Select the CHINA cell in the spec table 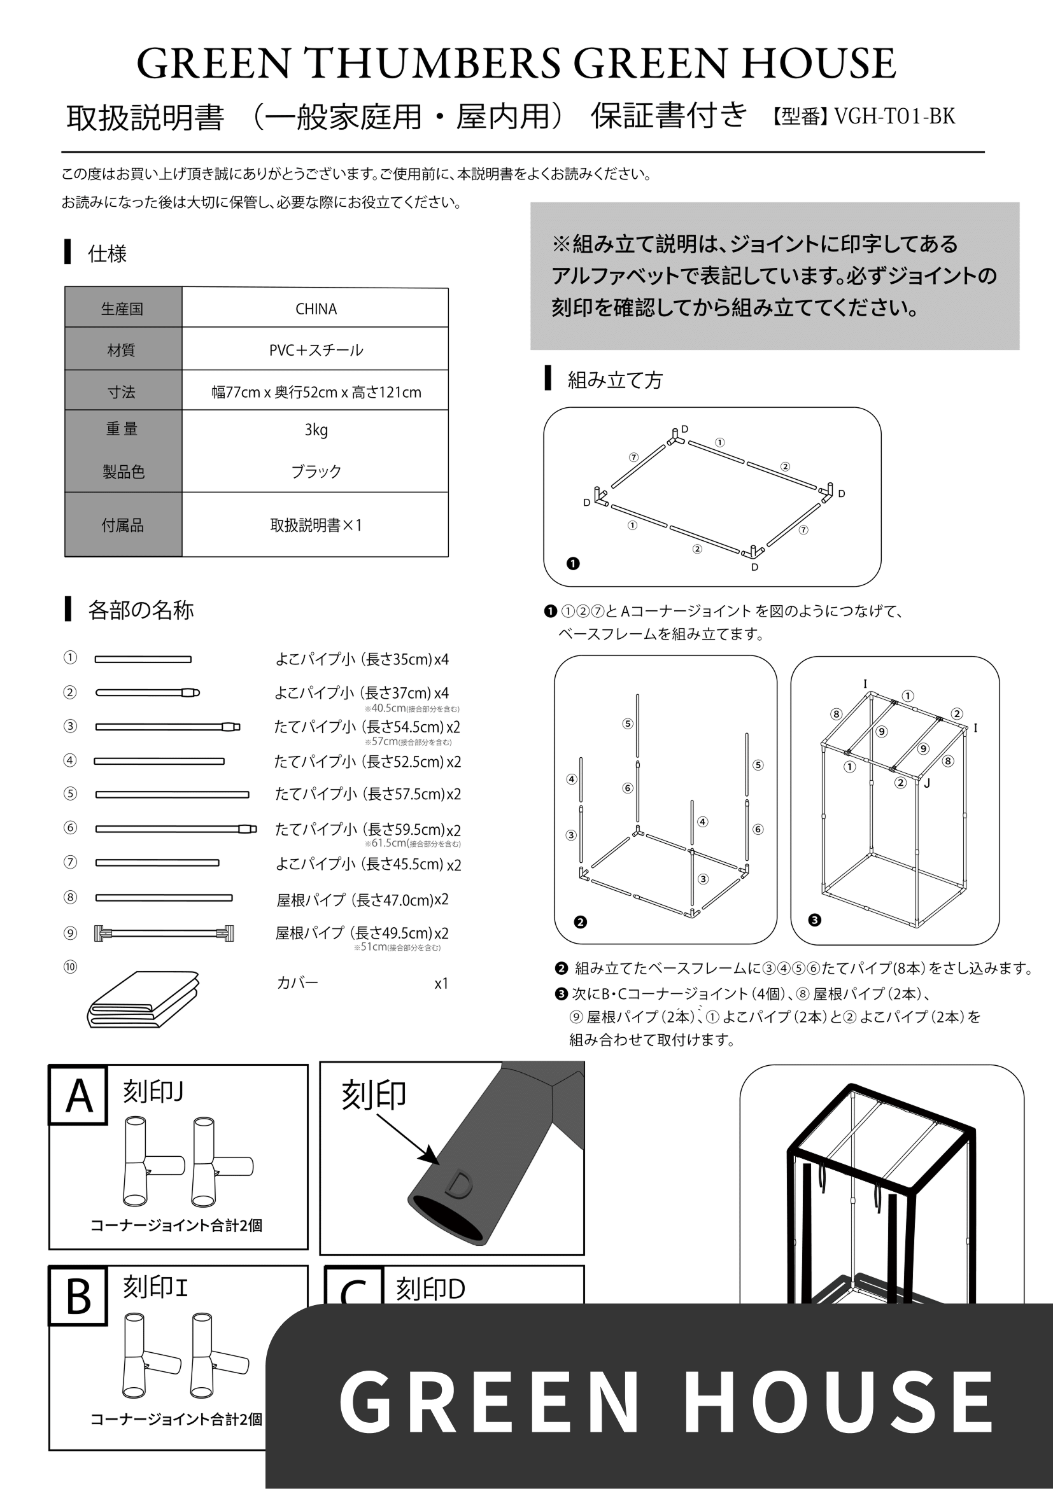pos(316,309)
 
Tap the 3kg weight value pos(316,430)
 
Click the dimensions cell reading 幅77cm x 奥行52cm pos(316,392)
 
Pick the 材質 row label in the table pos(122,350)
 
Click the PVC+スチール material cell pos(316,350)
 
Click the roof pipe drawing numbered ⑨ pos(164,933)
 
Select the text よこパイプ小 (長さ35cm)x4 pos(362,659)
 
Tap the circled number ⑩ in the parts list pos(70,967)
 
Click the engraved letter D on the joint pos(460,1184)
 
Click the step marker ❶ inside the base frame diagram pos(573,564)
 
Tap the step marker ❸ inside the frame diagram pos(815,919)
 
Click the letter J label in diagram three pos(927,783)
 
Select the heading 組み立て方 pos(614,380)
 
